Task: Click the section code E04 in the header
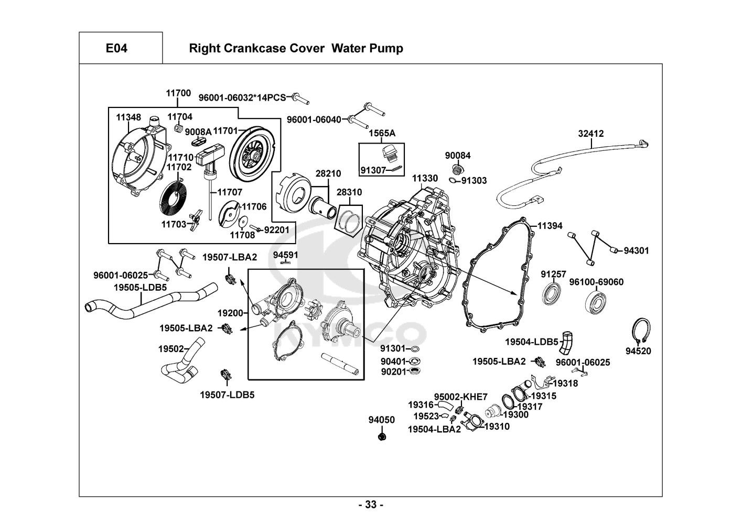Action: click(x=116, y=49)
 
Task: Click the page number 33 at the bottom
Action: click(x=371, y=505)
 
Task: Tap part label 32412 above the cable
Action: click(x=591, y=134)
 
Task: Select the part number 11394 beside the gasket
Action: click(x=550, y=226)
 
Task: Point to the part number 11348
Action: click(x=128, y=117)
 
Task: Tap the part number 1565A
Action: click(x=382, y=134)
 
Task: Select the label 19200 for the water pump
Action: click(x=230, y=313)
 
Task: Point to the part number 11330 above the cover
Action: click(x=424, y=179)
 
